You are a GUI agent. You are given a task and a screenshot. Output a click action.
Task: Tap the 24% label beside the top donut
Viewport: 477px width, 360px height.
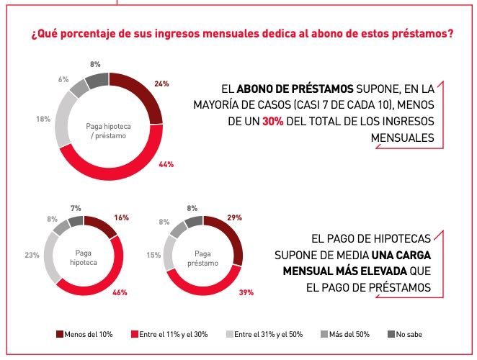coord(162,84)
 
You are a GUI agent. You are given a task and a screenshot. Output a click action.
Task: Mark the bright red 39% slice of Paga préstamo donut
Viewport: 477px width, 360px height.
coord(216,284)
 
